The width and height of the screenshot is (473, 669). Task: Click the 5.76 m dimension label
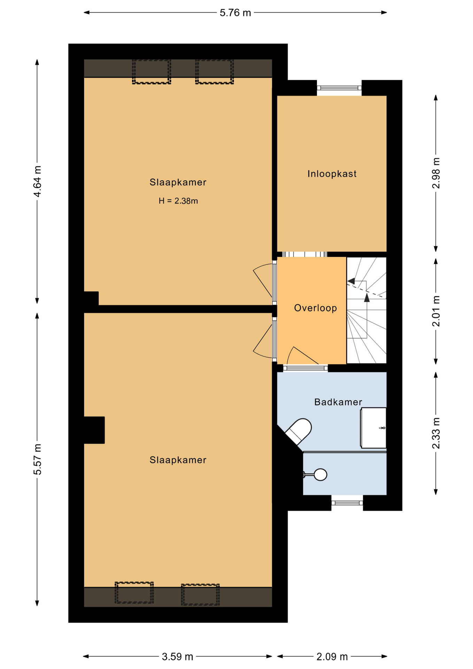235,13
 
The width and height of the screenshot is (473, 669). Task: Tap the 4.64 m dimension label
37,181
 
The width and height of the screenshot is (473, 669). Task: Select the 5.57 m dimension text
37,459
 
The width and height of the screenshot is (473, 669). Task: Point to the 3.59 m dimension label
177,657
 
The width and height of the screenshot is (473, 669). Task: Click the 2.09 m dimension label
332,657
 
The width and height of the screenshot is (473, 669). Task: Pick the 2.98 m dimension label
436,173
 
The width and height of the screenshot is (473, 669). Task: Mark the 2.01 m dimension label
436,311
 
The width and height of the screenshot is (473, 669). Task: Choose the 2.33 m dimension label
436,433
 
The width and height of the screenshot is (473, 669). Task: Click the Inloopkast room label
332,174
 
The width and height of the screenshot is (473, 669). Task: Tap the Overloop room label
316,308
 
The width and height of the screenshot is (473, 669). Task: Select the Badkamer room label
338,402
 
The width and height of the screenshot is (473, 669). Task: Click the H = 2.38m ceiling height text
178,201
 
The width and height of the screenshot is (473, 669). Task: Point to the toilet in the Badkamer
298,431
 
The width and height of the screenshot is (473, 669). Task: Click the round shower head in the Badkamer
320,475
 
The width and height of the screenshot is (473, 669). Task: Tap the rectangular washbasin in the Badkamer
373,428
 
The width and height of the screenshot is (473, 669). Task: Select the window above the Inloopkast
339,88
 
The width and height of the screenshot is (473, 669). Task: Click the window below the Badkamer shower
347,503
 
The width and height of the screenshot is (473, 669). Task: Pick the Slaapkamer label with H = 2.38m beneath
178,182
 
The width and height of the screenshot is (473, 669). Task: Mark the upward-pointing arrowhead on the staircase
367,298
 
